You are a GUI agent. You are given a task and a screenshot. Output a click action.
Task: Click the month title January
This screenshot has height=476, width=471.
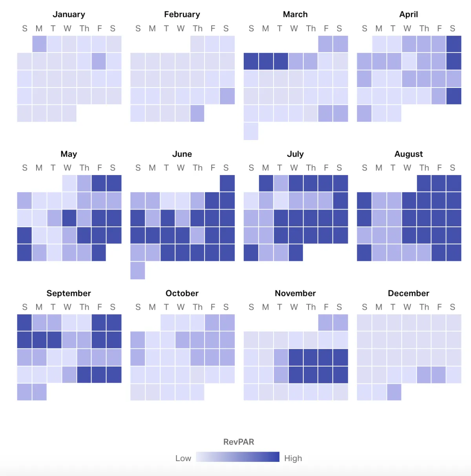(x=69, y=15)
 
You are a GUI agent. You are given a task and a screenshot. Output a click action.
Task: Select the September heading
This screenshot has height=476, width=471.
(x=69, y=293)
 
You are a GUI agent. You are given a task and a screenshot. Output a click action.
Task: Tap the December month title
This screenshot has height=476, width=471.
(x=408, y=293)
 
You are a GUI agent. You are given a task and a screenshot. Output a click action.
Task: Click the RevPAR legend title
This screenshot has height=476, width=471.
(x=239, y=442)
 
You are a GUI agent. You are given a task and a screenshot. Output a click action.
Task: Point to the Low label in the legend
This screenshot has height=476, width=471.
(x=183, y=458)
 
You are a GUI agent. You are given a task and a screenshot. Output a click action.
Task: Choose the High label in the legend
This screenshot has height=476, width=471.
(x=293, y=458)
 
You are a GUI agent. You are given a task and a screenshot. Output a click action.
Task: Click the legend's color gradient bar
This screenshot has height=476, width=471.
(x=237, y=457)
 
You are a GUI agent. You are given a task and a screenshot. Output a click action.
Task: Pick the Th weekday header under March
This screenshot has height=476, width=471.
(x=311, y=29)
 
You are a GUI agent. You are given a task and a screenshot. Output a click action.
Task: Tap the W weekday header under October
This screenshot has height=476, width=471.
(x=181, y=307)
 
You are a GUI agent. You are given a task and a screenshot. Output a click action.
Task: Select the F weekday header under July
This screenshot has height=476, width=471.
(x=326, y=168)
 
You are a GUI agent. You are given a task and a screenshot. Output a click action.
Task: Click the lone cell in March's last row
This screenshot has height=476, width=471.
(x=251, y=131)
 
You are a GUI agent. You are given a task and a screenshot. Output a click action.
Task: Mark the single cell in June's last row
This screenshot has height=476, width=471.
(x=138, y=270)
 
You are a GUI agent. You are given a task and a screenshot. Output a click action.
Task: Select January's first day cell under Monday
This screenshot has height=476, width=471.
(x=39, y=44)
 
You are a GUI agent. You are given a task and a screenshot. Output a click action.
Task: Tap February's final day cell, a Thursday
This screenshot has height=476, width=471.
(x=197, y=113)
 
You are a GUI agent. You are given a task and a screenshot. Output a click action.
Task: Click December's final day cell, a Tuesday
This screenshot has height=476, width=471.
(x=394, y=392)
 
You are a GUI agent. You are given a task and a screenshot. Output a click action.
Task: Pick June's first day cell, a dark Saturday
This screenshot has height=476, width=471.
(x=227, y=183)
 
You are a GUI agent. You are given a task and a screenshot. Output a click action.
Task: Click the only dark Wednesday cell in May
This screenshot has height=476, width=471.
(x=69, y=218)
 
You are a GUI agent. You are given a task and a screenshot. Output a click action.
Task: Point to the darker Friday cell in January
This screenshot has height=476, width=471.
(x=99, y=61)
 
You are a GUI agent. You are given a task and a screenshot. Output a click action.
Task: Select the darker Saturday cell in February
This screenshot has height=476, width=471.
(x=227, y=96)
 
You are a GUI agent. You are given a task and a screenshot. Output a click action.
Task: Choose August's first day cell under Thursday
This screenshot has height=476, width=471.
(x=424, y=183)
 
